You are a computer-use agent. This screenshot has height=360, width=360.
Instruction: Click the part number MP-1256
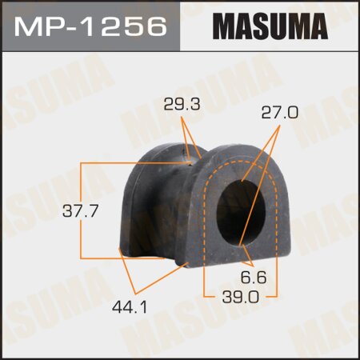[90, 26]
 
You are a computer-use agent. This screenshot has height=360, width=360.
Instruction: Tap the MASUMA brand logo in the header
[270, 26]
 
